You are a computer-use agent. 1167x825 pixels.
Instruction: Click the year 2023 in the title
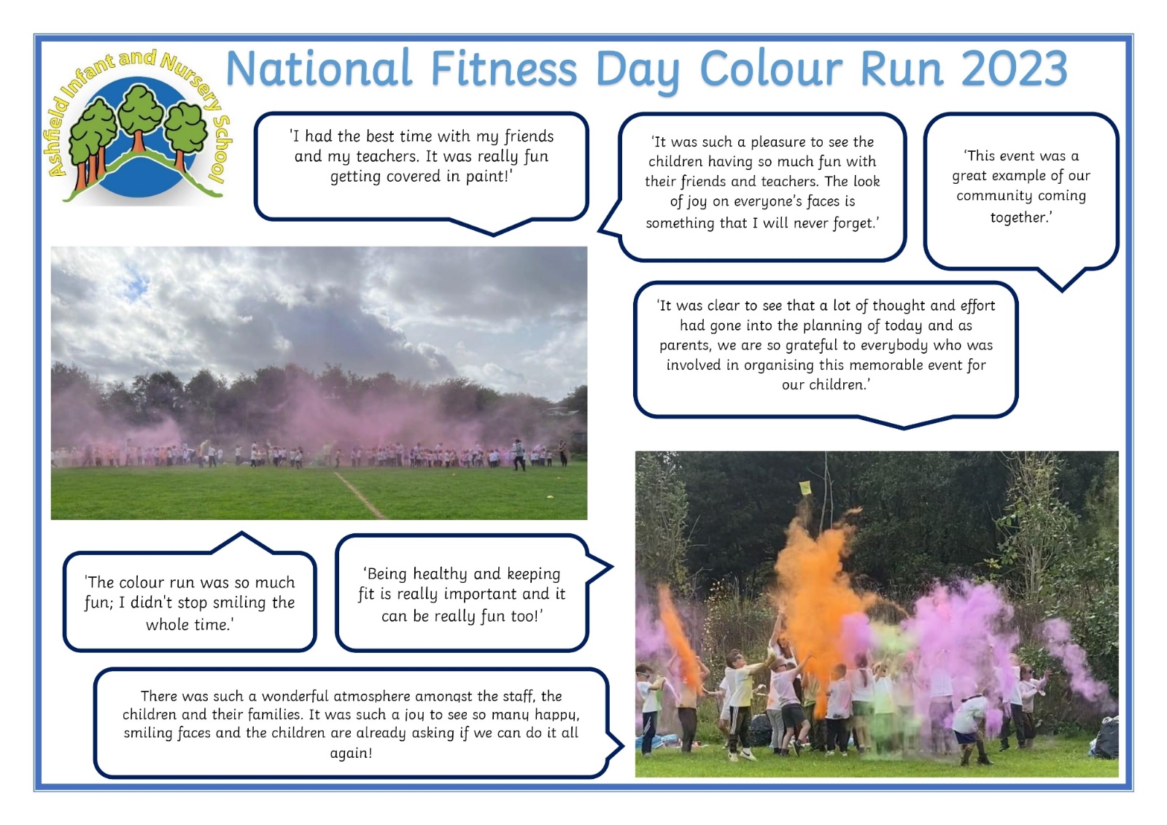(1015, 69)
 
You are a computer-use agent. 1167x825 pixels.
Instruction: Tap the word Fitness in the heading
(503, 69)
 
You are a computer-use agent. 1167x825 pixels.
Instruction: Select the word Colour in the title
(770, 69)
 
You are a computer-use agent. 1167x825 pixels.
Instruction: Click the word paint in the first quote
(486, 176)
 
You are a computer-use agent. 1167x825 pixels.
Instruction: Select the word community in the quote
(1021, 196)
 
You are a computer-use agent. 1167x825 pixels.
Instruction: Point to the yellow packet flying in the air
(805, 488)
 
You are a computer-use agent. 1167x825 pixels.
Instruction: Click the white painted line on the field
(360, 495)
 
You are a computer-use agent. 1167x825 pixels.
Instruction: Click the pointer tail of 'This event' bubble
(1062, 280)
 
